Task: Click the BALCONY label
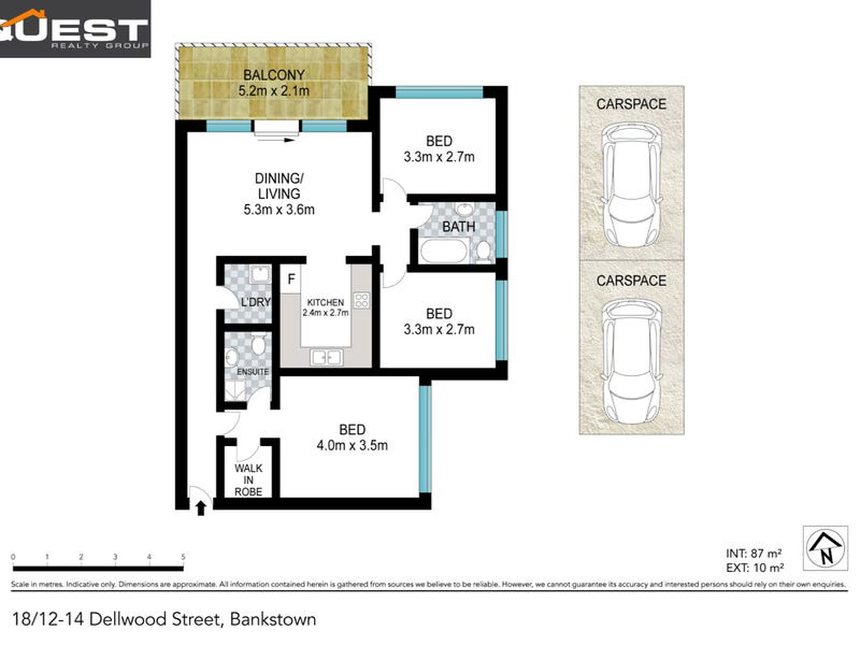pos(273,75)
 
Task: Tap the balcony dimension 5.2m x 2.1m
pos(273,91)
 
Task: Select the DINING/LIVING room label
pos(279,186)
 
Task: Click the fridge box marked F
pos(291,279)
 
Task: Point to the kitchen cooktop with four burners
pos(362,301)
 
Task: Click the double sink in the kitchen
pos(326,358)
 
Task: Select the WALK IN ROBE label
pos(248,480)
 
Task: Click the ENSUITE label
pos(253,372)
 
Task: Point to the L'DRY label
pos(255,302)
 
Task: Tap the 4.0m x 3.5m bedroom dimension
pos(352,445)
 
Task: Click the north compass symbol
pos(826,548)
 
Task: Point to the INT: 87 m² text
pos(754,553)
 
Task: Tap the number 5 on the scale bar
pos(183,557)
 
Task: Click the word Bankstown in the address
pos(273,619)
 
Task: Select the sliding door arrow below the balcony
pos(277,140)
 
